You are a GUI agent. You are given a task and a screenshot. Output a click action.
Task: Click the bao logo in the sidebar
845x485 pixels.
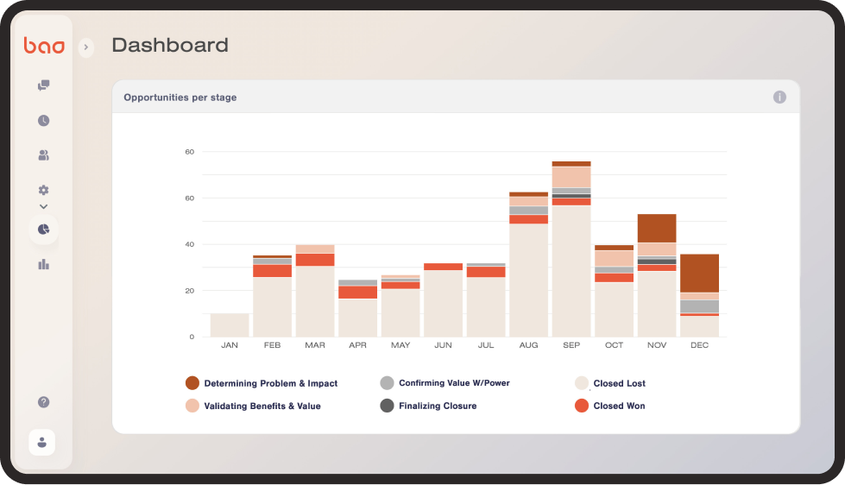coord(44,46)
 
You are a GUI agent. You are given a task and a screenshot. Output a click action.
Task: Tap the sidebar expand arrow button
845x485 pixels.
coord(85,47)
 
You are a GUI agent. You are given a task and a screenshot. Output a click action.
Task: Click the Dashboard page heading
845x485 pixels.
coord(170,45)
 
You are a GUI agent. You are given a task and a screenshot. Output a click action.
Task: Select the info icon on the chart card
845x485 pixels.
coord(779,98)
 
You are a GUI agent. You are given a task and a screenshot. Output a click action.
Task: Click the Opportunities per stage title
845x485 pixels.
coord(180,98)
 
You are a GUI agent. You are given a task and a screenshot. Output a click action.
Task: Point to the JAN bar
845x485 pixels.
coord(230,325)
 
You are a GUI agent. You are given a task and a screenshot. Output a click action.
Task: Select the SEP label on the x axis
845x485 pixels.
coord(571,345)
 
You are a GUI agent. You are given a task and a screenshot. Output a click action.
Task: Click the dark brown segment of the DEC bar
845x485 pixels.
coord(699,273)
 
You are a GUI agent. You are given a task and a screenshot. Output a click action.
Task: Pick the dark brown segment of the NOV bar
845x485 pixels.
coord(657,228)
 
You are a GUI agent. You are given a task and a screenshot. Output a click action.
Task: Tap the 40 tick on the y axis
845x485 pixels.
coord(189,244)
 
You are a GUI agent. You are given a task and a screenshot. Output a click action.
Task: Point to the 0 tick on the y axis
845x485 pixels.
coord(191,337)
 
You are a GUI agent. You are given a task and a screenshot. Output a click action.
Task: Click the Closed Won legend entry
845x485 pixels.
coord(619,406)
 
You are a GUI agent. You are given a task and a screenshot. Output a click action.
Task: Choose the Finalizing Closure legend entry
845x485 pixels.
coord(437,406)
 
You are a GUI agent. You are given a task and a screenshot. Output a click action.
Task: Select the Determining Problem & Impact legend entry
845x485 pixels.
coord(270,383)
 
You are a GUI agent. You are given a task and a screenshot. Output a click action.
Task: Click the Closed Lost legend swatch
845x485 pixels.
coord(582,383)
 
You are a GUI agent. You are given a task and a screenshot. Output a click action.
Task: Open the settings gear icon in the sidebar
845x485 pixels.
coord(43,190)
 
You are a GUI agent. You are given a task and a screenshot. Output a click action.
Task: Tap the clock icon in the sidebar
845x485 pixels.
coord(43,121)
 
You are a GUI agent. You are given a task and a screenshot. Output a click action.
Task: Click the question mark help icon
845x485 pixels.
coord(43,402)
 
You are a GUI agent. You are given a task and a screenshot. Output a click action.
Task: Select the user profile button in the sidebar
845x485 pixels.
coord(42,442)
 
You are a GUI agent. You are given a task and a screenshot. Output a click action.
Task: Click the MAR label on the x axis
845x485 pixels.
coord(315,345)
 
